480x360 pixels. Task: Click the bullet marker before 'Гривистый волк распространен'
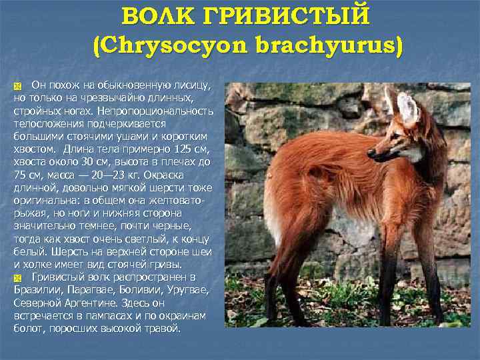point(18,277)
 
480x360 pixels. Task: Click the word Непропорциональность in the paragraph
point(155,111)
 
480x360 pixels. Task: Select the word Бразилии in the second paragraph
point(37,290)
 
